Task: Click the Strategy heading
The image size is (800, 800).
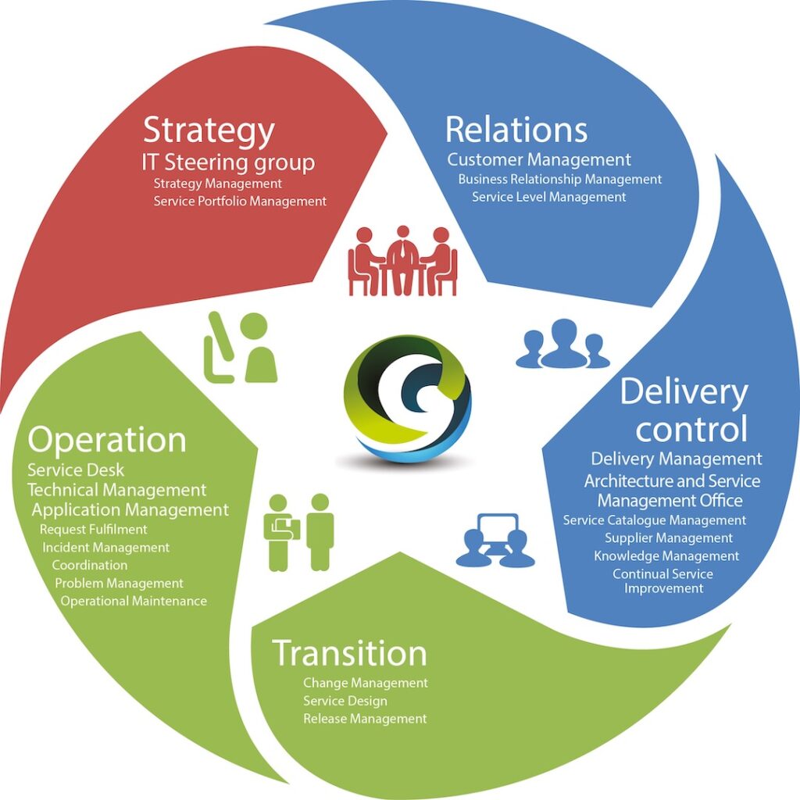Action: (x=209, y=131)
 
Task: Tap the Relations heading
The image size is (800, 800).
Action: (x=516, y=130)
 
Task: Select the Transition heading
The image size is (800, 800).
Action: (x=349, y=653)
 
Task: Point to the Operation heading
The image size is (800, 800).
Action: (x=107, y=440)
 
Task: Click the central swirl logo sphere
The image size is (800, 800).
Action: (x=407, y=398)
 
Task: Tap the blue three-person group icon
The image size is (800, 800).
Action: (x=562, y=343)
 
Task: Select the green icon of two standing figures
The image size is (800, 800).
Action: (x=301, y=531)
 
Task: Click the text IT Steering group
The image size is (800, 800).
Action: (x=228, y=162)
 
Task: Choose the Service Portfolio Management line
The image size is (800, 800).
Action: (x=240, y=201)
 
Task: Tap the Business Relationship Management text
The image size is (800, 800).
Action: (x=559, y=179)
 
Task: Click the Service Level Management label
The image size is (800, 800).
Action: (x=548, y=197)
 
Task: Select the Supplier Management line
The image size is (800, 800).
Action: (x=669, y=537)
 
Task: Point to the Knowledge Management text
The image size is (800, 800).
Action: (x=666, y=555)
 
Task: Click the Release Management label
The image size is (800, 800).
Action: (x=365, y=718)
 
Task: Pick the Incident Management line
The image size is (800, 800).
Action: (x=105, y=547)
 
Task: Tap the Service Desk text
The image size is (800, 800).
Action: (x=76, y=470)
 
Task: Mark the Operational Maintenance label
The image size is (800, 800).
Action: (x=134, y=601)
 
